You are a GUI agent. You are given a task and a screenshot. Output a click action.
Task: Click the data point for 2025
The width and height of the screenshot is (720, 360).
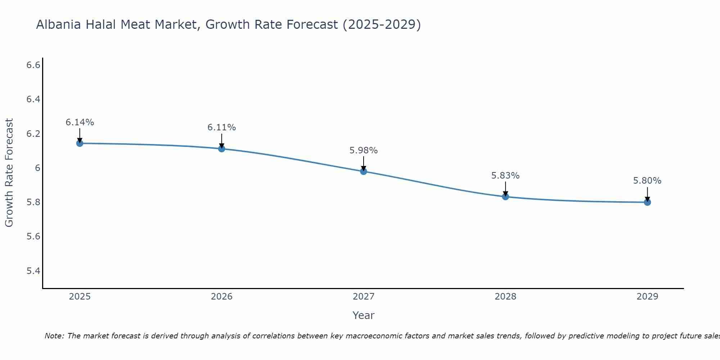pyautogui.click(x=80, y=143)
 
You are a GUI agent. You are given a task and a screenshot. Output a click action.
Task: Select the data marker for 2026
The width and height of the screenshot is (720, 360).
pyautogui.click(x=221, y=149)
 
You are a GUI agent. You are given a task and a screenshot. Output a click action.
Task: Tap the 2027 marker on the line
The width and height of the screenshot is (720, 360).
pyautogui.click(x=364, y=171)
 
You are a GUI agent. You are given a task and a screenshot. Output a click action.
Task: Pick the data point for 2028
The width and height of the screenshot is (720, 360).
pyautogui.click(x=505, y=197)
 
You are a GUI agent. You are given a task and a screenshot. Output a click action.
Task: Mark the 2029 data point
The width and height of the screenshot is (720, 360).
pyautogui.click(x=647, y=202)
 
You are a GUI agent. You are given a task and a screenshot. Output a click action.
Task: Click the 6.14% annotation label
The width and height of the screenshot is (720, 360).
pyautogui.click(x=80, y=122)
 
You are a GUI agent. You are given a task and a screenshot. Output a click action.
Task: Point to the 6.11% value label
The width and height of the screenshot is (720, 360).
pyautogui.click(x=221, y=127)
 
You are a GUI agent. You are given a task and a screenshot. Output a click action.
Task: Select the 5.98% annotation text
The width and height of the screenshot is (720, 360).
pyautogui.click(x=364, y=150)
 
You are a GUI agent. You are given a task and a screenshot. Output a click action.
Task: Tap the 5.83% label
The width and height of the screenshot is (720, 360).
pyautogui.click(x=505, y=176)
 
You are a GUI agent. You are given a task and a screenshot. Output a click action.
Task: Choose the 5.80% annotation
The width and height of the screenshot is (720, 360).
pyautogui.click(x=647, y=181)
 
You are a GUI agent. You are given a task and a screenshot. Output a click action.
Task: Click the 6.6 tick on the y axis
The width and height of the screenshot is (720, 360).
pyautogui.click(x=33, y=65)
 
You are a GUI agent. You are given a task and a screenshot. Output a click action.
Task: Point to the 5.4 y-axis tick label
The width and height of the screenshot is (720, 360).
pyautogui.click(x=33, y=271)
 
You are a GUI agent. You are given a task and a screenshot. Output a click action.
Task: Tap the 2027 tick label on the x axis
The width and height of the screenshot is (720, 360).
pyautogui.click(x=364, y=297)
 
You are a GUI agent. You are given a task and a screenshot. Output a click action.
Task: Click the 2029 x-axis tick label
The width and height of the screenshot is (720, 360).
pyautogui.click(x=647, y=297)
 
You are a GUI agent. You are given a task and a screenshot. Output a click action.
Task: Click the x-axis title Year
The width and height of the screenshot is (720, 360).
pyautogui.click(x=364, y=315)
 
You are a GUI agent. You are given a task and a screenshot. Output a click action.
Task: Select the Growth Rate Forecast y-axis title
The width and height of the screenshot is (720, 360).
pyautogui.click(x=9, y=173)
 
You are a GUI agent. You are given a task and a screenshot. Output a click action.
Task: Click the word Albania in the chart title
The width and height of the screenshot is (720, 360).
pyautogui.click(x=59, y=25)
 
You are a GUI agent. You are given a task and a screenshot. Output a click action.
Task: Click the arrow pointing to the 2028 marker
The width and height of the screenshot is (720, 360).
pyautogui.click(x=505, y=189)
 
